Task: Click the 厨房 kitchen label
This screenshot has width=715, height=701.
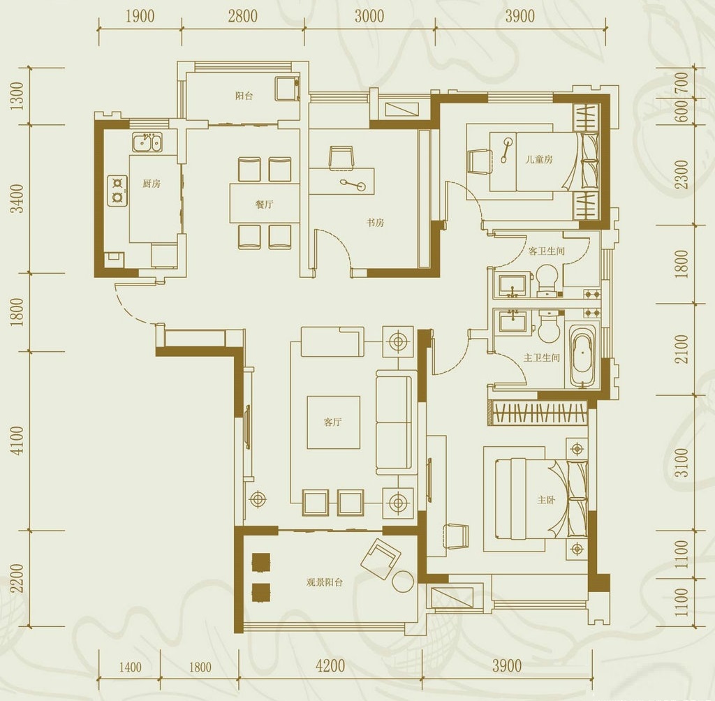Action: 152,184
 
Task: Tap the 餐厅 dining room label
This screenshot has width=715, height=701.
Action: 264,204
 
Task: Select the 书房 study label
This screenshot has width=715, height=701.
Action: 375,223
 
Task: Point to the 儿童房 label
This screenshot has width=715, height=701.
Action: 539,159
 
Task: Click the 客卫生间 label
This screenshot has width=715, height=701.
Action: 546,251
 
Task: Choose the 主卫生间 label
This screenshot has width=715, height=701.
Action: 541,357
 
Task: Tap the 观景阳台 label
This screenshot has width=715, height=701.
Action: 324,582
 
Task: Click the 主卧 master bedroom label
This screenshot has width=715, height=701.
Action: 546,500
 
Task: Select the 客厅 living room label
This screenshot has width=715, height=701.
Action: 333,422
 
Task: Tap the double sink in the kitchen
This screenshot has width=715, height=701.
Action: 147,142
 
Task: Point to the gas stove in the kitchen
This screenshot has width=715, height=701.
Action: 117,191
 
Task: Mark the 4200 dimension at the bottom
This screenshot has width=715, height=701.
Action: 330,666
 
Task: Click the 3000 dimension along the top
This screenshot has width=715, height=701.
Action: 369,17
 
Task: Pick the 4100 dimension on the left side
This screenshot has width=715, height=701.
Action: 17,441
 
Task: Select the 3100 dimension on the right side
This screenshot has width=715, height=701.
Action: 681,462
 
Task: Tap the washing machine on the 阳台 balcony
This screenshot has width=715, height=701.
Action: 287,89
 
